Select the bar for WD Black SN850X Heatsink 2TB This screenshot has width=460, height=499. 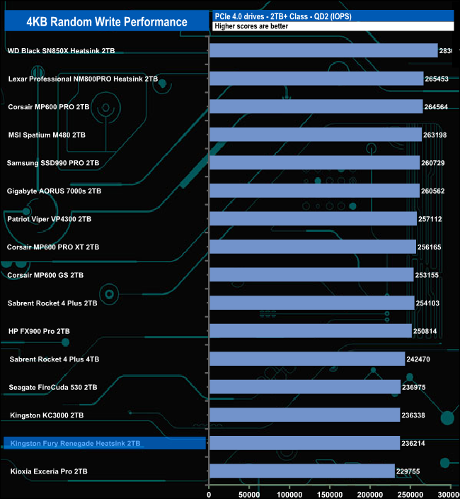pos(323,51)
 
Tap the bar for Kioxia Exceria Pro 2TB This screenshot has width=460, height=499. pos(301,471)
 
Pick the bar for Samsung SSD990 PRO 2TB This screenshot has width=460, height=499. pos(314,163)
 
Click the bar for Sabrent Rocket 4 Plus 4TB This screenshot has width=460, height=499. pos(306,359)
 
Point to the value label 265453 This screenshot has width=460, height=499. pos(439,79)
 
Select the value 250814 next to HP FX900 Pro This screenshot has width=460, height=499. pos(428,331)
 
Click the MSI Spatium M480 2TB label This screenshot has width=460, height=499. pos(46,135)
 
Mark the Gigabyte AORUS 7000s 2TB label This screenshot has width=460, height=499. pos(54,191)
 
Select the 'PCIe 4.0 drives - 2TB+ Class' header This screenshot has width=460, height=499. pos(283,16)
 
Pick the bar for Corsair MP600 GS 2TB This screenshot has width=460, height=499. pos(311,275)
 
